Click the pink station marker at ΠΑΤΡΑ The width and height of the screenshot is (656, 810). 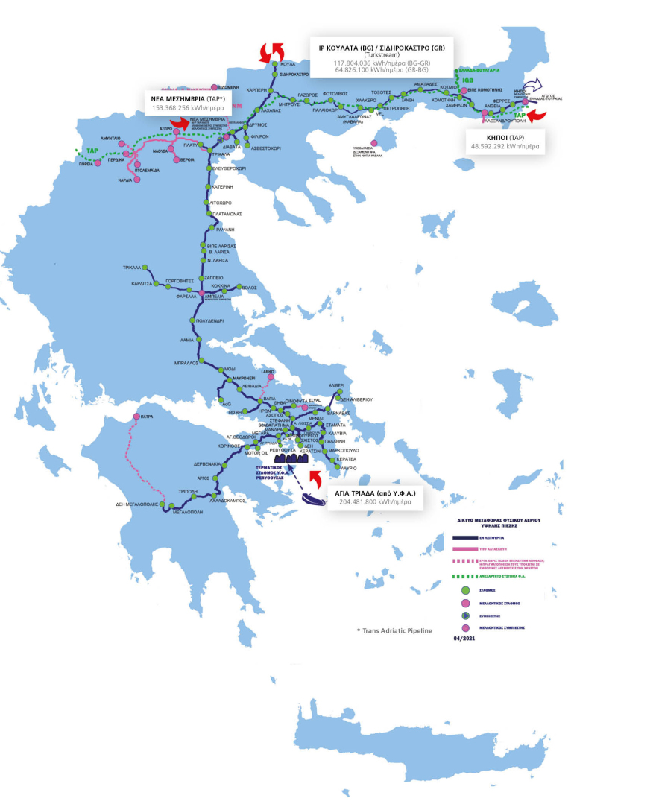point(136,417)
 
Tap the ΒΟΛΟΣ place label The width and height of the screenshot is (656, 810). point(251,286)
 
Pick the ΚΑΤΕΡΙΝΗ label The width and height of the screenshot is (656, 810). point(223,186)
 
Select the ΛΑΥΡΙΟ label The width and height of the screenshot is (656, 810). point(348,467)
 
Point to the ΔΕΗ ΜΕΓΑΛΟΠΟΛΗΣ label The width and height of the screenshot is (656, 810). point(139,504)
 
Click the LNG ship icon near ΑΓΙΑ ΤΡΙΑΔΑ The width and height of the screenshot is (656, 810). point(315,501)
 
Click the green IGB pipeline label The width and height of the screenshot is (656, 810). point(467,79)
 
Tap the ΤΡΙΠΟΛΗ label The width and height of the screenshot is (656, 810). point(187,492)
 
